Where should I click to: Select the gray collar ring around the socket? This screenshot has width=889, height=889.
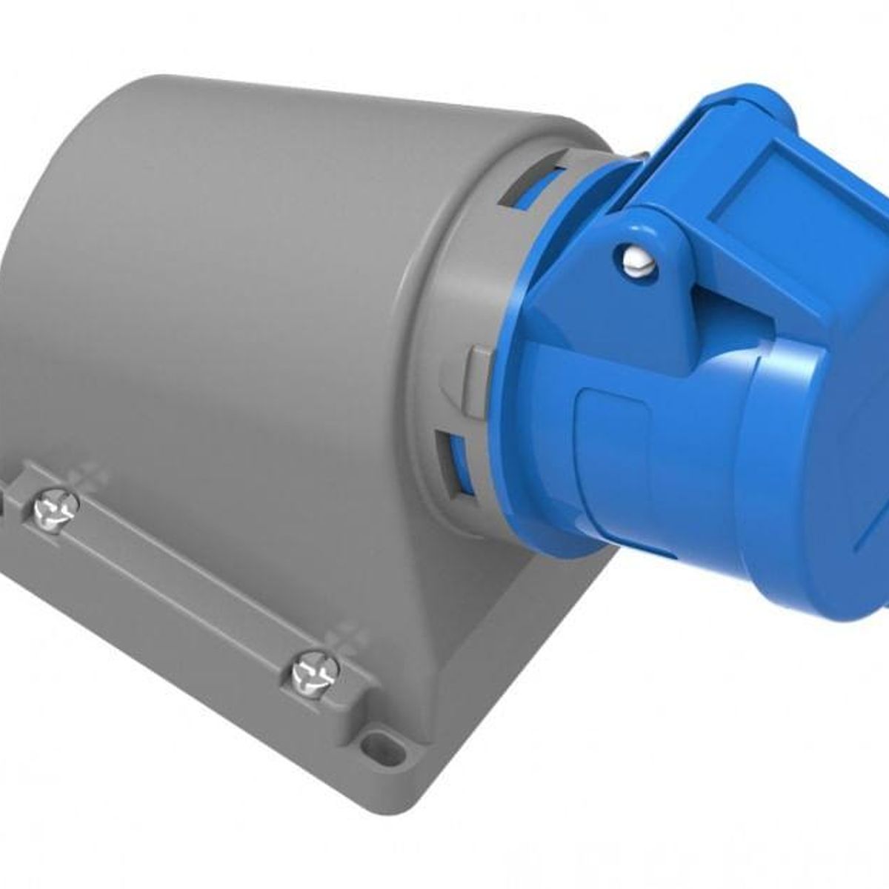(444, 311)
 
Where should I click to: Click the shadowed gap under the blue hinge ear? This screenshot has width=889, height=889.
(711, 311)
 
